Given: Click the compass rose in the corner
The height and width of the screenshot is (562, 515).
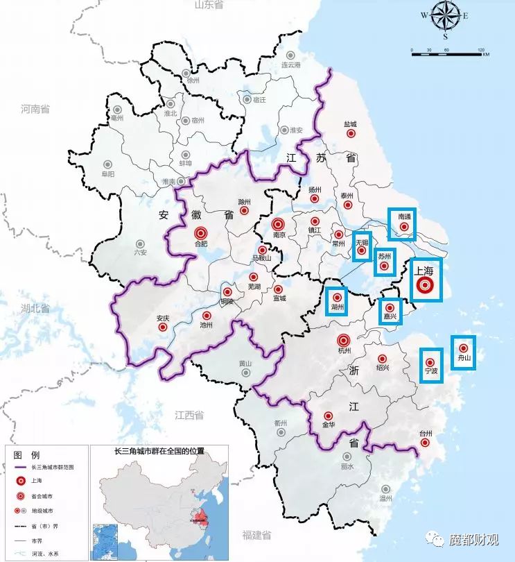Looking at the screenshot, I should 445,17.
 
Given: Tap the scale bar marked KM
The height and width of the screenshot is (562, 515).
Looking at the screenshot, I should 446,52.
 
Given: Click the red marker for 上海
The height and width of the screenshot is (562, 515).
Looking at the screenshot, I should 426,285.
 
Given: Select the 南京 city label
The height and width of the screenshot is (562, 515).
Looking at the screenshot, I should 279,235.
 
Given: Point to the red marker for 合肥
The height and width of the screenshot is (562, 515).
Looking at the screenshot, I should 201,233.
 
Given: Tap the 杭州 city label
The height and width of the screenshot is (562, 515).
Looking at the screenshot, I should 344,352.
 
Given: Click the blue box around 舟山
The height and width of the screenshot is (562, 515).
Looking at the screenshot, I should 463,352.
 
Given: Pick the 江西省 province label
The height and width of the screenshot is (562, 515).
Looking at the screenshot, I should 189,415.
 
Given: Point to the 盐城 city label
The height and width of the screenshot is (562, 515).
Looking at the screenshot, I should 350,125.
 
